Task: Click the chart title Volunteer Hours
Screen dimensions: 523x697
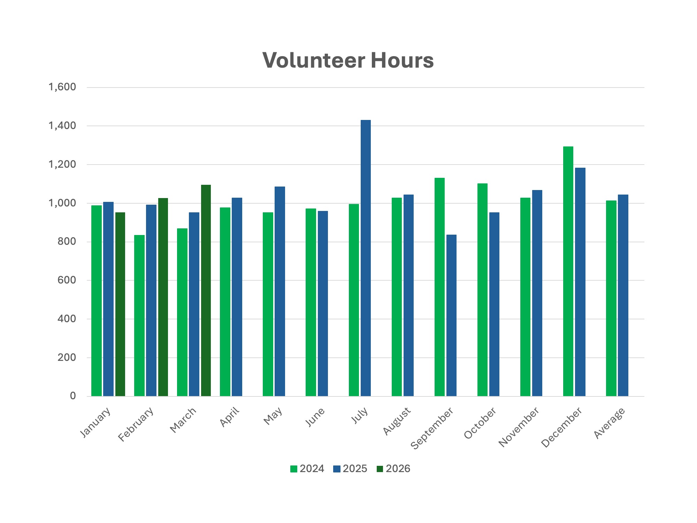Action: [348, 60]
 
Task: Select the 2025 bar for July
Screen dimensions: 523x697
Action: [366, 258]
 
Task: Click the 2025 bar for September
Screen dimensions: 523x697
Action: [451, 316]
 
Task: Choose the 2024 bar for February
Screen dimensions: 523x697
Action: [139, 316]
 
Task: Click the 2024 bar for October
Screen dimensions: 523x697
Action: [482, 290]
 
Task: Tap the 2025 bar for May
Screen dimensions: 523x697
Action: [280, 291]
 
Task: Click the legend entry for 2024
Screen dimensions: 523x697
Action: [307, 469]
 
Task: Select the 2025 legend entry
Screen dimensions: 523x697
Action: [350, 469]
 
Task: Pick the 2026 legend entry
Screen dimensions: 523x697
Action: [393, 469]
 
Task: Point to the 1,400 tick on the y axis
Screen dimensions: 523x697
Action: [62, 126]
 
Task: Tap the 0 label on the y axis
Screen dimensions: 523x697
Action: [73, 396]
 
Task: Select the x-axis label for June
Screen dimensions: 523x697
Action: [315, 417]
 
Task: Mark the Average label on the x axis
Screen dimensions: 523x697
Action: [610, 423]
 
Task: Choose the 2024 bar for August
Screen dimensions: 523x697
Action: [397, 297]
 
